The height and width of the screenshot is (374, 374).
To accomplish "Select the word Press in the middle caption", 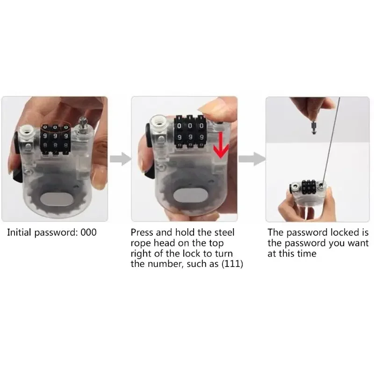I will pyautogui.click(x=142, y=232).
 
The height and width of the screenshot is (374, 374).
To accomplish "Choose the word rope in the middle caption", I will pyautogui.click(x=141, y=243).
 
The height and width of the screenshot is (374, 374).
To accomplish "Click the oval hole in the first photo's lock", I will pyautogui.click(x=55, y=201).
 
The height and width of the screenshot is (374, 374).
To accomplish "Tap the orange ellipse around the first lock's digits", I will pyautogui.click(x=56, y=127).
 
